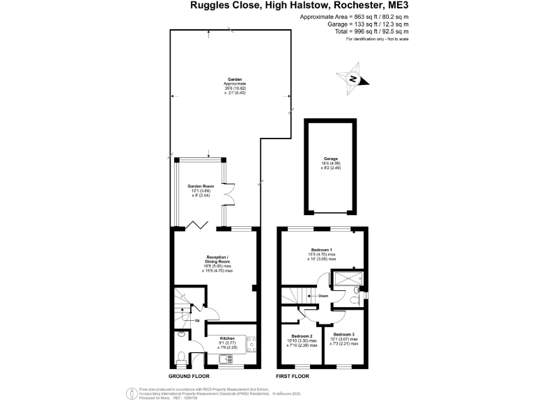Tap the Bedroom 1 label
pyautogui.click(x=321, y=249)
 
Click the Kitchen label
pyautogui.click(x=228, y=336)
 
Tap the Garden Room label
pyautogui.click(x=200, y=187)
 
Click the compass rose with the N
pyautogui.click(x=354, y=79)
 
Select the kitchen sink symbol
pyautogui.click(x=226, y=359)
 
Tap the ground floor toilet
pyautogui.click(x=180, y=359)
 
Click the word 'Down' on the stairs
pyautogui.click(x=323, y=295)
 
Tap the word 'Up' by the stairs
pyautogui.click(x=196, y=320)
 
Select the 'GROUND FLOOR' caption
pyautogui.click(x=191, y=376)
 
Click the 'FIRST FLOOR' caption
pyautogui.click(x=293, y=376)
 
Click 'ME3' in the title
pyautogui.click(x=398, y=6)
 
